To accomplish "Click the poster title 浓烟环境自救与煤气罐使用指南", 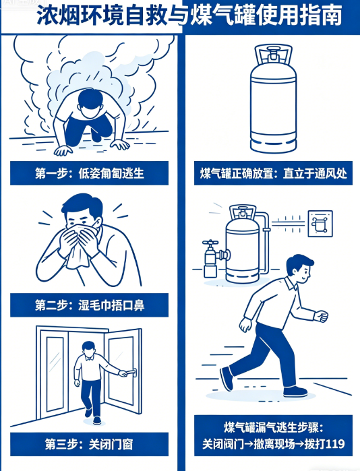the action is (189, 15).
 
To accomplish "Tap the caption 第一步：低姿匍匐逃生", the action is (89, 173).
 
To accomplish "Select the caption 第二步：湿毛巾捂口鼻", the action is (90, 305).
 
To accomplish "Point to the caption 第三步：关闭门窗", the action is (89, 444).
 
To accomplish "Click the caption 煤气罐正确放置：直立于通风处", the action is (273, 173).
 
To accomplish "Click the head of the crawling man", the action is (90, 103).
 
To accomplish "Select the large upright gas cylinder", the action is (273, 99).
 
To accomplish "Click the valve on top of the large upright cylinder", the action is (273, 54).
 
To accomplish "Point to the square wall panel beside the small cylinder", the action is (320, 224).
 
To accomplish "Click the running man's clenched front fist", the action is (321, 316).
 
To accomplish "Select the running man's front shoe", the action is (295, 391).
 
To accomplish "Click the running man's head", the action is (299, 268).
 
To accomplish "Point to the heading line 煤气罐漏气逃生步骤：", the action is (273, 427).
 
